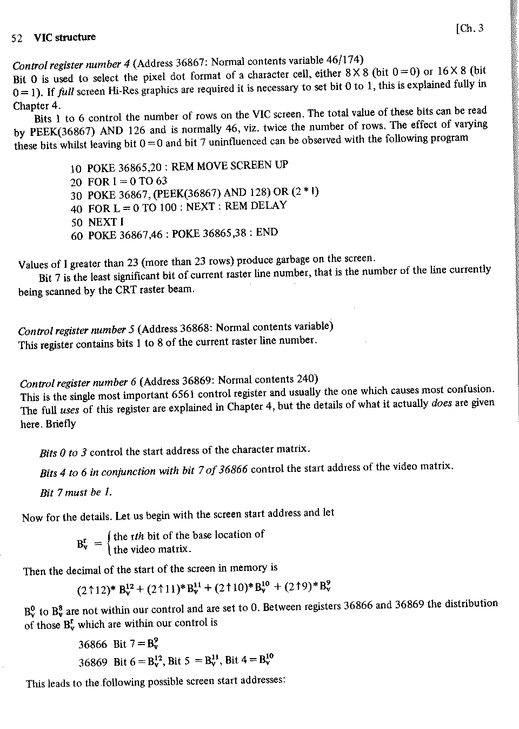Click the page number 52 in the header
point(16,39)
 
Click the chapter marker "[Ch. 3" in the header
point(469,29)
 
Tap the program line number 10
point(76,169)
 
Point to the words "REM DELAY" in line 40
point(256,206)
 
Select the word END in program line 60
point(267,233)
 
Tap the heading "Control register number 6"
point(78,383)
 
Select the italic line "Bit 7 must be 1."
point(76,492)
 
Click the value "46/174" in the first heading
point(346,60)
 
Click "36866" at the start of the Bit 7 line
point(93,645)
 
